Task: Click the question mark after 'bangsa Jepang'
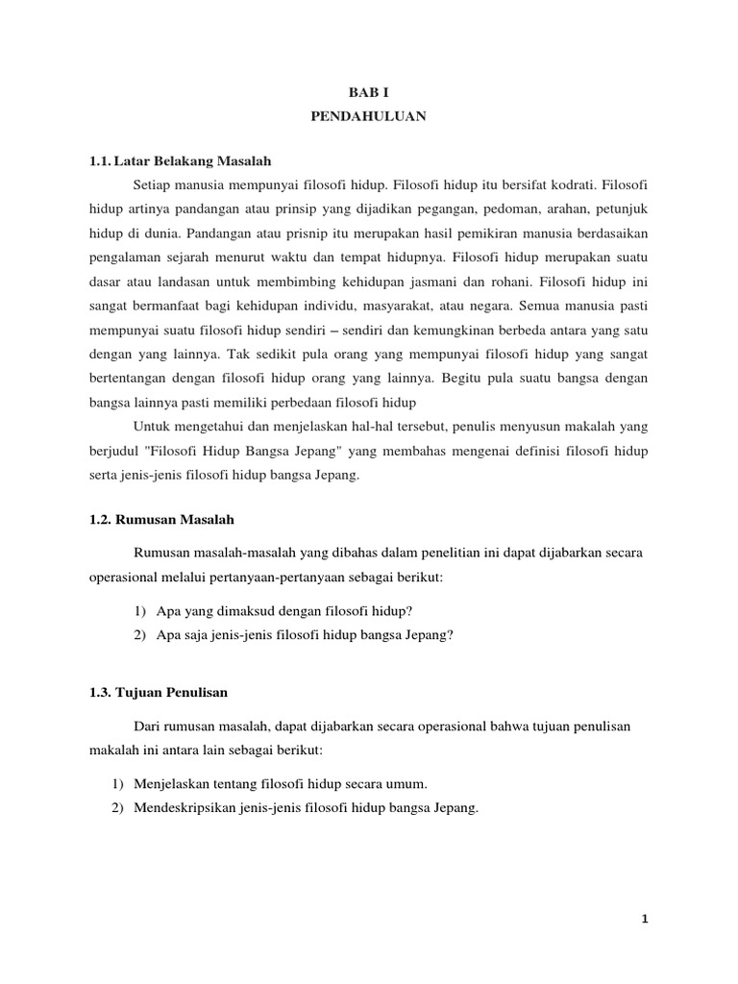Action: [x=448, y=634]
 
